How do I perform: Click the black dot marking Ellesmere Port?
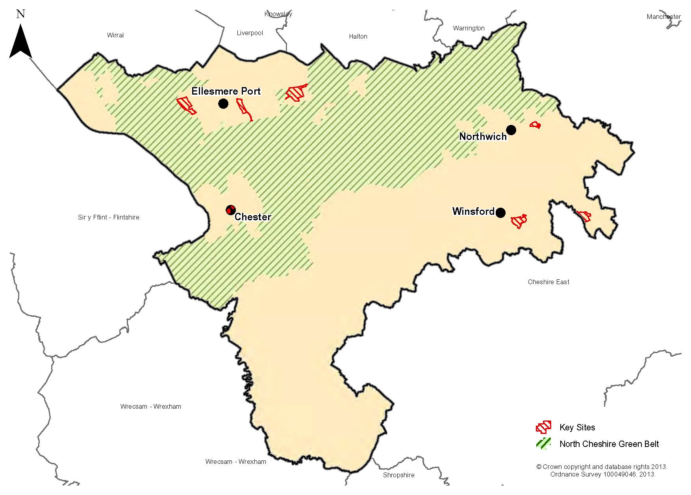(x=223, y=104)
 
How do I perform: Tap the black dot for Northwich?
(x=511, y=130)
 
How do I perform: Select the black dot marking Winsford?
(x=500, y=213)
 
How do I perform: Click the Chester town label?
(x=253, y=217)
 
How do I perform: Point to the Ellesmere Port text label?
(x=226, y=91)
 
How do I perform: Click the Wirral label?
(x=115, y=35)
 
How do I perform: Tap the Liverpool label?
(x=250, y=33)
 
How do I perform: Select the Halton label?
(x=358, y=37)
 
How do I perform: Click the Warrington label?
(x=469, y=28)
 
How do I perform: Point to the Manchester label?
(x=663, y=17)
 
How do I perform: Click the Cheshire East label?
(x=548, y=282)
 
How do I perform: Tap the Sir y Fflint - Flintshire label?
(x=109, y=218)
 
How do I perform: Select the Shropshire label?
(x=398, y=475)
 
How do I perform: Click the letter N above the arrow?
(x=21, y=14)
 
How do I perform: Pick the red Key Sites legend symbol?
(x=543, y=427)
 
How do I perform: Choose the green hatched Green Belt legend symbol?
(x=543, y=444)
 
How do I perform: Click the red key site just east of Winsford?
(x=519, y=221)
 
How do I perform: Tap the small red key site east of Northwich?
(x=535, y=125)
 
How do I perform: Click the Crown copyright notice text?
(x=602, y=471)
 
